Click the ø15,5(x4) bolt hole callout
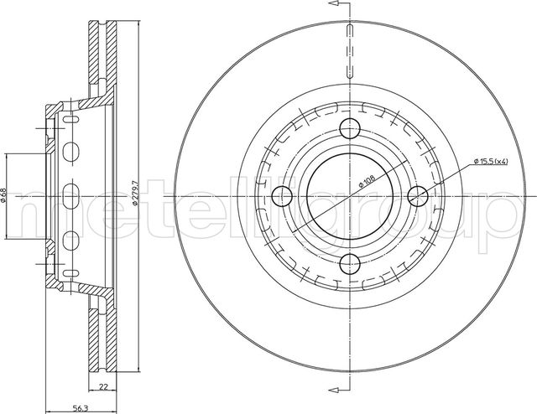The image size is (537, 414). pos(490,161)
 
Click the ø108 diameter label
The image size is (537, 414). pos(367,181)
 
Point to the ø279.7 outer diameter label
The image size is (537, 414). pos(135,194)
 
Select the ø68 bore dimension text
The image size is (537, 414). pos(3,195)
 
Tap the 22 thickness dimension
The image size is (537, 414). pos(103,387)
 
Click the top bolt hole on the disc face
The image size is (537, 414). pos(350,128)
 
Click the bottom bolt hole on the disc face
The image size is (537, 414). pos(351,264)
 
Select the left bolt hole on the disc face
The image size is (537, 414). pos(282,196)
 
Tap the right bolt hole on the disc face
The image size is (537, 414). pos(418,196)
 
